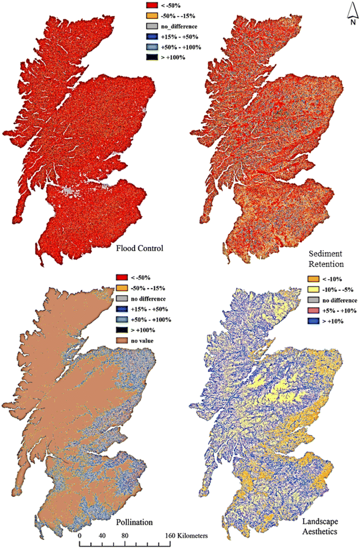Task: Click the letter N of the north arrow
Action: [x=350, y=23]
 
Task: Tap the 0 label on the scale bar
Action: [x=80, y=536]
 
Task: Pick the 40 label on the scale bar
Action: [x=102, y=536]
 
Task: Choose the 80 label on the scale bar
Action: [x=125, y=536]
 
